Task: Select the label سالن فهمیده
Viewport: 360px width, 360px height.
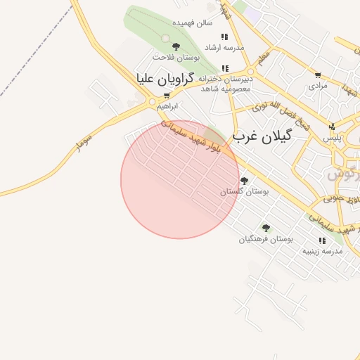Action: pos(195,22)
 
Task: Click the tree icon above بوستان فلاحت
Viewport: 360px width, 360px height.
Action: pos(176,46)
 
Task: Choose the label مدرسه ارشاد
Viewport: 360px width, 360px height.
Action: pos(224,46)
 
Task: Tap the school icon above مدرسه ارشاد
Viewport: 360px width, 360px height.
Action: pos(224,37)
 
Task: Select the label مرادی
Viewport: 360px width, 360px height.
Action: pos(318,85)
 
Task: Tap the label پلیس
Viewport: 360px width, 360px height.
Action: pos(332,138)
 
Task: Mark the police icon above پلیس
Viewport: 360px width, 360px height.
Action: pos(333,127)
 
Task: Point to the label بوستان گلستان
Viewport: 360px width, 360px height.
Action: pos(245,191)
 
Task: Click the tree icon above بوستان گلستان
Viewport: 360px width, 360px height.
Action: pos(245,181)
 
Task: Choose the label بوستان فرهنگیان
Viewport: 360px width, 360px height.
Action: pos(266,238)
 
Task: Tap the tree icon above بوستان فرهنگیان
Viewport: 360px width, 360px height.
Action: pos(266,228)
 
